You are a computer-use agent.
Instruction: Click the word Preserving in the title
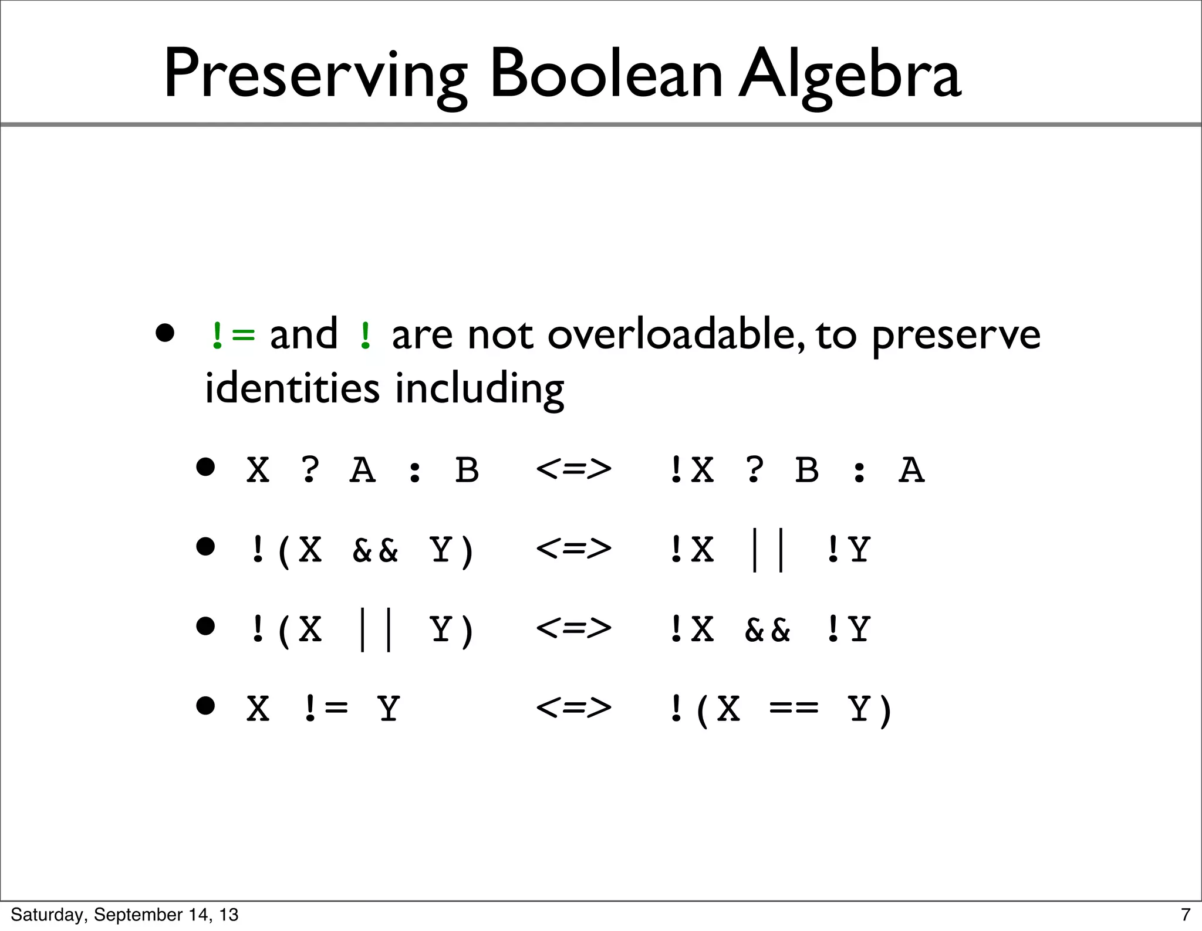(x=315, y=75)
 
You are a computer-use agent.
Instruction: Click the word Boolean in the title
(x=606, y=75)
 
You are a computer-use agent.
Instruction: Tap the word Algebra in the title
(x=849, y=75)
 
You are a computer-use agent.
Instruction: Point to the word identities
(x=292, y=388)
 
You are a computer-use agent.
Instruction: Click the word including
(x=480, y=390)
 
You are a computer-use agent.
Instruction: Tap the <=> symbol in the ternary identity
(x=573, y=469)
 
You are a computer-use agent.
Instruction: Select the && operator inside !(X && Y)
(x=375, y=550)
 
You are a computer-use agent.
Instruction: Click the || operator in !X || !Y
(x=768, y=550)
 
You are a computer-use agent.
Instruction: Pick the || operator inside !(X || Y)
(x=376, y=629)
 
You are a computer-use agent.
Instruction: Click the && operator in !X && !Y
(x=767, y=629)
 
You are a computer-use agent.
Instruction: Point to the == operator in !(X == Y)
(x=794, y=709)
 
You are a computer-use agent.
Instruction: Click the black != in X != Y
(x=326, y=709)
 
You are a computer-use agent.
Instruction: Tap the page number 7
(x=1185, y=915)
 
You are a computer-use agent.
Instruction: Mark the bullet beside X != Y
(x=205, y=706)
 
